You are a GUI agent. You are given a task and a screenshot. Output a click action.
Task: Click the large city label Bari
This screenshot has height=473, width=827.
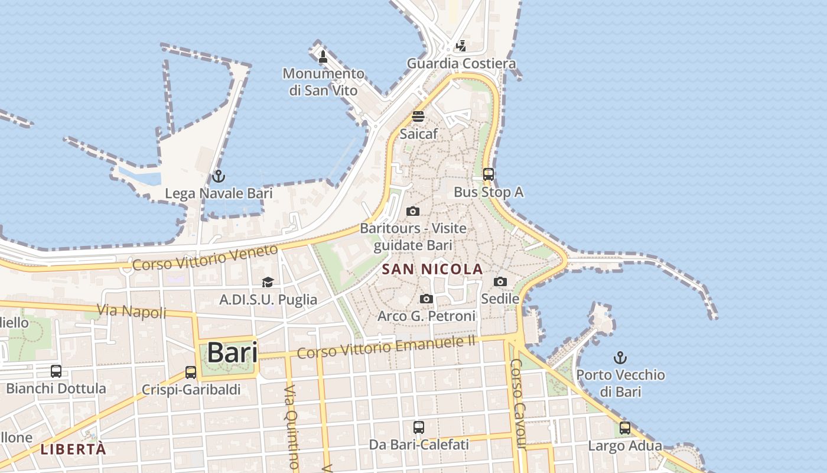(x=232, y=352)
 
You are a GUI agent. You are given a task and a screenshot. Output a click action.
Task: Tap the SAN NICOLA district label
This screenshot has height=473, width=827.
(x=432, y=270)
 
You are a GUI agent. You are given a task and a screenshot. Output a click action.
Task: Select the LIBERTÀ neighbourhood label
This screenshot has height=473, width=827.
(x=73, y=449)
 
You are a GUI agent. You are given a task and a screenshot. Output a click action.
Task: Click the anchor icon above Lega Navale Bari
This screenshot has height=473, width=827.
(x=219, y=176)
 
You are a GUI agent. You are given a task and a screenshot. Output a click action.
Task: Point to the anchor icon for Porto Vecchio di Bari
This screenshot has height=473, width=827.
(x=620, y=358)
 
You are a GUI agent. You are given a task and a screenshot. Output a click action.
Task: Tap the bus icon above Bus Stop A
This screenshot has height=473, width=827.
(x=489, y=174)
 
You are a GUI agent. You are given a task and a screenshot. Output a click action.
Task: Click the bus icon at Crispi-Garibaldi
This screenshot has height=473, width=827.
(x=190, y=372)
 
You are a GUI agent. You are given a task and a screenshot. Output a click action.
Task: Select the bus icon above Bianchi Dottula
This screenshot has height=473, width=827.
(x=56, y=371)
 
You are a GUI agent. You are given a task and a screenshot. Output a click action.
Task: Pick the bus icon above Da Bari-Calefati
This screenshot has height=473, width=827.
(x=419, y=427)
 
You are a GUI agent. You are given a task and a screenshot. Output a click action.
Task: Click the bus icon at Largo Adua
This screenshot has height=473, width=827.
(x=625, y=429)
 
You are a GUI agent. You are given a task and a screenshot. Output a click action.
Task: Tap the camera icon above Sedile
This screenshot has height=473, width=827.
(x=500, y=282)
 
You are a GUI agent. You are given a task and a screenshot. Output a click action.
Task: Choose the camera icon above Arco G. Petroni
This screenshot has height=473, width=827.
(x=426, y=299)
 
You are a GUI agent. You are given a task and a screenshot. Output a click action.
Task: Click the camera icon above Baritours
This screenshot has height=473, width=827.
(x=413, y=211)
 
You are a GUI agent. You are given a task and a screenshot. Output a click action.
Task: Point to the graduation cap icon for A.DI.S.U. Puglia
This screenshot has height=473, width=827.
(x=268, y=283)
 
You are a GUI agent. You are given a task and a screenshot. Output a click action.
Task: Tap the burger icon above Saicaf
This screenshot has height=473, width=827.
(x=418, y=116)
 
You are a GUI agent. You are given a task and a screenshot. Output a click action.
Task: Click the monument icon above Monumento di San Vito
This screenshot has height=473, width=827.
(x=323, y=57)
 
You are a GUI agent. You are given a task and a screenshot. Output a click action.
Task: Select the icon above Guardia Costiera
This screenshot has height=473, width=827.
(x=461, y=46)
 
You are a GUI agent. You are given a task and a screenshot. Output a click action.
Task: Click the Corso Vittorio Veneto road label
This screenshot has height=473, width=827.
(x=204, y=257)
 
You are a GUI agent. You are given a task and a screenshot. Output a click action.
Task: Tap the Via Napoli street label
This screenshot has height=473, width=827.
(x=132, y=311)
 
